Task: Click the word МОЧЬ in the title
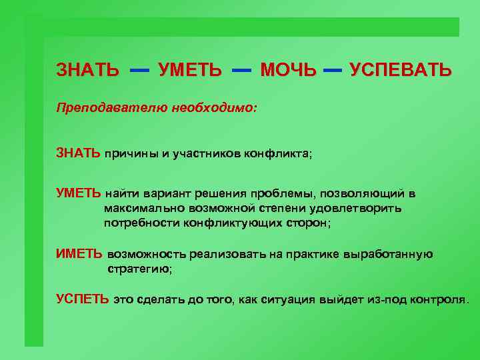[x=288, y=69]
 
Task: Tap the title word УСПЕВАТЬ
[x=401, y=69]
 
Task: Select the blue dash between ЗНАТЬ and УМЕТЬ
[x=139, y=69]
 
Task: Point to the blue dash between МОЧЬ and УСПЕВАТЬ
[x=332, y=69]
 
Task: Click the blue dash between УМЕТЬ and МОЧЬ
[x=241, y=69]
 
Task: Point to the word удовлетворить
[x=359, y=209]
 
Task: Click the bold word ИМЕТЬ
[x=79, y=254]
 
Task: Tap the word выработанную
[x=391, y=254]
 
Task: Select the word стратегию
[x=139, y=269]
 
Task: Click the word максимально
[x=137, y=209]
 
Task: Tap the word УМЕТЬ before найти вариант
[x=79, y=194]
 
